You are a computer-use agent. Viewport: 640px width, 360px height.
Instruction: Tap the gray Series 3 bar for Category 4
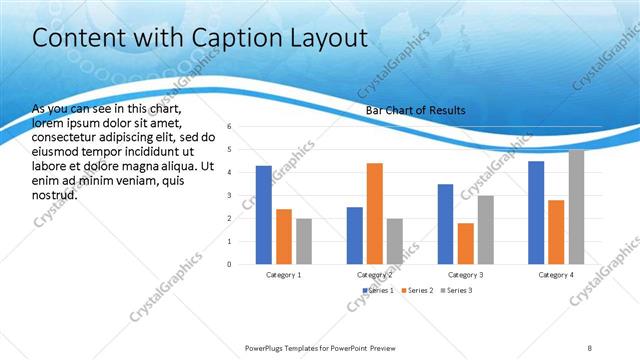pyautogui.click(x=576, y=207)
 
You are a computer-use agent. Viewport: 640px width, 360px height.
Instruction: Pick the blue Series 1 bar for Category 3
pyautogui.click(x=445, y=223)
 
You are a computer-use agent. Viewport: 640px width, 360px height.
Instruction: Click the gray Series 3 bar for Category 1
pyautogui.click(x=304, y=241)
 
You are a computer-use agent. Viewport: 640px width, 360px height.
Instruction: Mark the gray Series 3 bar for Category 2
pyautogui.click(x=394, y=241)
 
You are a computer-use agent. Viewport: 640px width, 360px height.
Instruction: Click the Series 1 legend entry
pyautogui.click(x=378, y=290)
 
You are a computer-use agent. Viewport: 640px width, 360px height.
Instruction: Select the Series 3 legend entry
pyautogui.click(x=456, y=290)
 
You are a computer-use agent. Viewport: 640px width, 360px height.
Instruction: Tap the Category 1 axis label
pyautogui.click(x=284, y=274)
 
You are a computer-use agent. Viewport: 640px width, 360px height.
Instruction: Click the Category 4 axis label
pyautogui.click(x=556, y=274)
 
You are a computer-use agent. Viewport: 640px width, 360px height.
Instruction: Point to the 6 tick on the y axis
pyautogui.click(x=229, y=127)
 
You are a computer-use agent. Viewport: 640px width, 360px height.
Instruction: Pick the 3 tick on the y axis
pyautogui.click(x=229, y=196)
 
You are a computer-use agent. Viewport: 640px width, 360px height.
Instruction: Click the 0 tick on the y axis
pyautogui.click(x=229, y=264)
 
